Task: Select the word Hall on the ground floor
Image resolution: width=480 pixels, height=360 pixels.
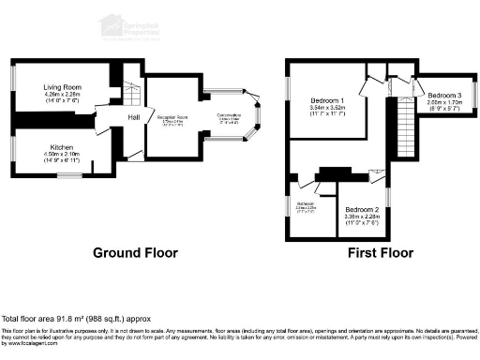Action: (134, 116)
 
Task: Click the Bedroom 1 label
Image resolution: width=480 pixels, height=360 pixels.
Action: (329, 100)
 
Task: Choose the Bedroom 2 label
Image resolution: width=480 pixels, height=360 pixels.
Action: (363, 209)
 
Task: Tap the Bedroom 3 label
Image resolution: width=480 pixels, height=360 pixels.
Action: (445, 96)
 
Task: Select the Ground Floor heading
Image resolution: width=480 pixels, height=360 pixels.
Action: (136, 253)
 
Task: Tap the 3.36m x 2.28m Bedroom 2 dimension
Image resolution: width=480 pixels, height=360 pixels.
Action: (363, 217)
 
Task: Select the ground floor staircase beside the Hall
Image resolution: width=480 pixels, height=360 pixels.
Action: (131, 94)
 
